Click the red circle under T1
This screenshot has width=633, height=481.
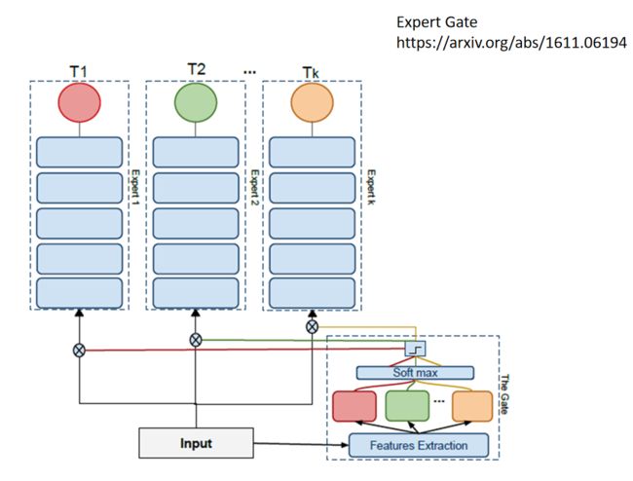pos(79,102)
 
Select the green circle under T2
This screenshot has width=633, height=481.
pos(196,102)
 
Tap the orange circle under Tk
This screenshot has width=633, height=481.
pos(312,102)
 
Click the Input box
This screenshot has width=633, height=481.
pos(196,443)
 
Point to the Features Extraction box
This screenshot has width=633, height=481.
pos(419,446)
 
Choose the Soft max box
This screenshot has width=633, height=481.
pos(415,373)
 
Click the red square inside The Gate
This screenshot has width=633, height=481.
pos(354,406)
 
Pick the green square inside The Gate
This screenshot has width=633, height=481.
pos(407,406)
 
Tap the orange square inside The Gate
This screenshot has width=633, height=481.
pos(472,406)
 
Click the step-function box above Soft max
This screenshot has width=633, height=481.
pos(416,349)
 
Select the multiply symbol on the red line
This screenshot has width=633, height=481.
pos(79,351)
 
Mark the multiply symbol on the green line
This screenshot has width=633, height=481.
pos(196,340)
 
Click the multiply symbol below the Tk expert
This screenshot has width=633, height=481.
pos(312,327)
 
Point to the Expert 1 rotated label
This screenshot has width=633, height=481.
pos(135,187)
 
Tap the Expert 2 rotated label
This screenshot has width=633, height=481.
pos(254,187)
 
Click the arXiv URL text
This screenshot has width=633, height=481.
pos(511,43)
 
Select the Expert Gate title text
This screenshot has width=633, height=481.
pos(437,21)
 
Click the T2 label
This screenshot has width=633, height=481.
pos(196,69)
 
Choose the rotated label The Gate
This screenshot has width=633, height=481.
pos(504,393)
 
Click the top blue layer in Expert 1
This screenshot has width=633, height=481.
pos(79,152)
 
